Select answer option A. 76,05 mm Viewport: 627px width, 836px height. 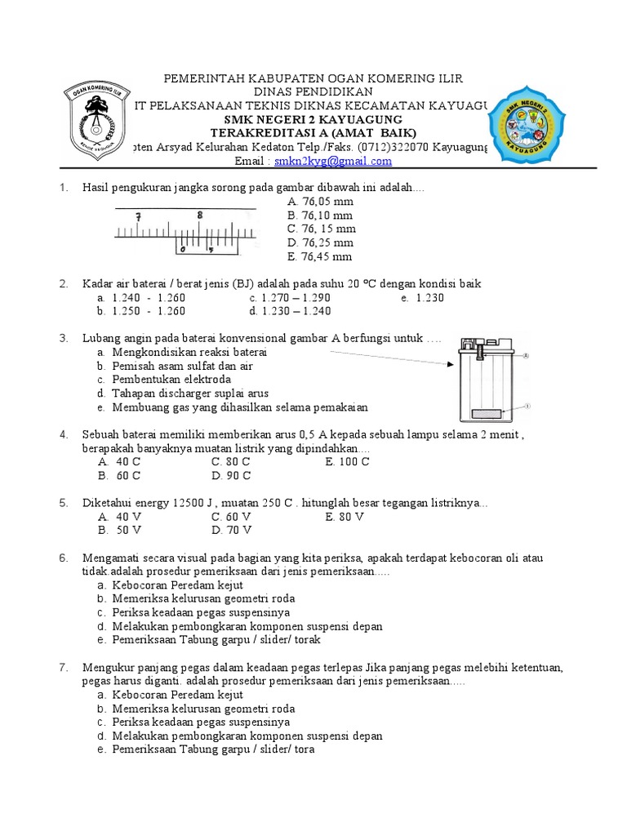[x=320, y=202]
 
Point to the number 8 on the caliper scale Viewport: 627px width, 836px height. [x=200, y=216]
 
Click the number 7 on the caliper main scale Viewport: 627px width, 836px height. [x=140, y=217]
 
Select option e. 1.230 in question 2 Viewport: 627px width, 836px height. [x=423, y=298]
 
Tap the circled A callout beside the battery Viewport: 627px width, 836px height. [x=527, y=356]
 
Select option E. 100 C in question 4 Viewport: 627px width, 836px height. [x=347, y=461]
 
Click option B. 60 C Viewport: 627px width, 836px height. [x=119, y=475]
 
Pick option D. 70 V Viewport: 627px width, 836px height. [x=231, y=530]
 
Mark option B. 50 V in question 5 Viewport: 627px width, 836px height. [x=119, y=530]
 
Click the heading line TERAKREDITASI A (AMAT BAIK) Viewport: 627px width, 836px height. [x=313, y=132]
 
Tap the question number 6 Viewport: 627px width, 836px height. [x=62, y=558]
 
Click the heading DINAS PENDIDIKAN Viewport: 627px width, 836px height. [x=313, y=91]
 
